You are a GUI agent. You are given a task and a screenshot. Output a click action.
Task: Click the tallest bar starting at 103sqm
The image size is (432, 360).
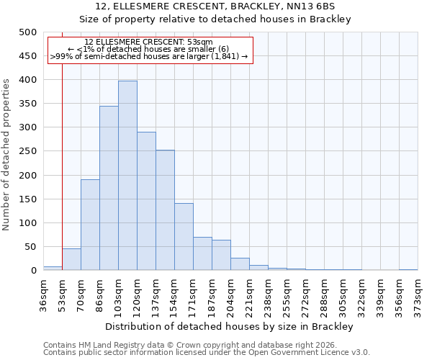click(x=127, y=176)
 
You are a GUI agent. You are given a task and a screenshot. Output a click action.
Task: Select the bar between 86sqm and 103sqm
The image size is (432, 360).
click(x=109, y=189)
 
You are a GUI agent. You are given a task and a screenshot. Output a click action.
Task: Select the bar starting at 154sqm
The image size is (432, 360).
click(x=184, y=237)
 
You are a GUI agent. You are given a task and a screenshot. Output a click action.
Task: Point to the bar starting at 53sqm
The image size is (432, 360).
click(x=71, y=260)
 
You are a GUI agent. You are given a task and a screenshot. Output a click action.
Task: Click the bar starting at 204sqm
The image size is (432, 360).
click(x=240, y=264)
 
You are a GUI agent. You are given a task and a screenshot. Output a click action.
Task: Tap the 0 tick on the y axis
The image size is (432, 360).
click(x=33, y=271)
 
